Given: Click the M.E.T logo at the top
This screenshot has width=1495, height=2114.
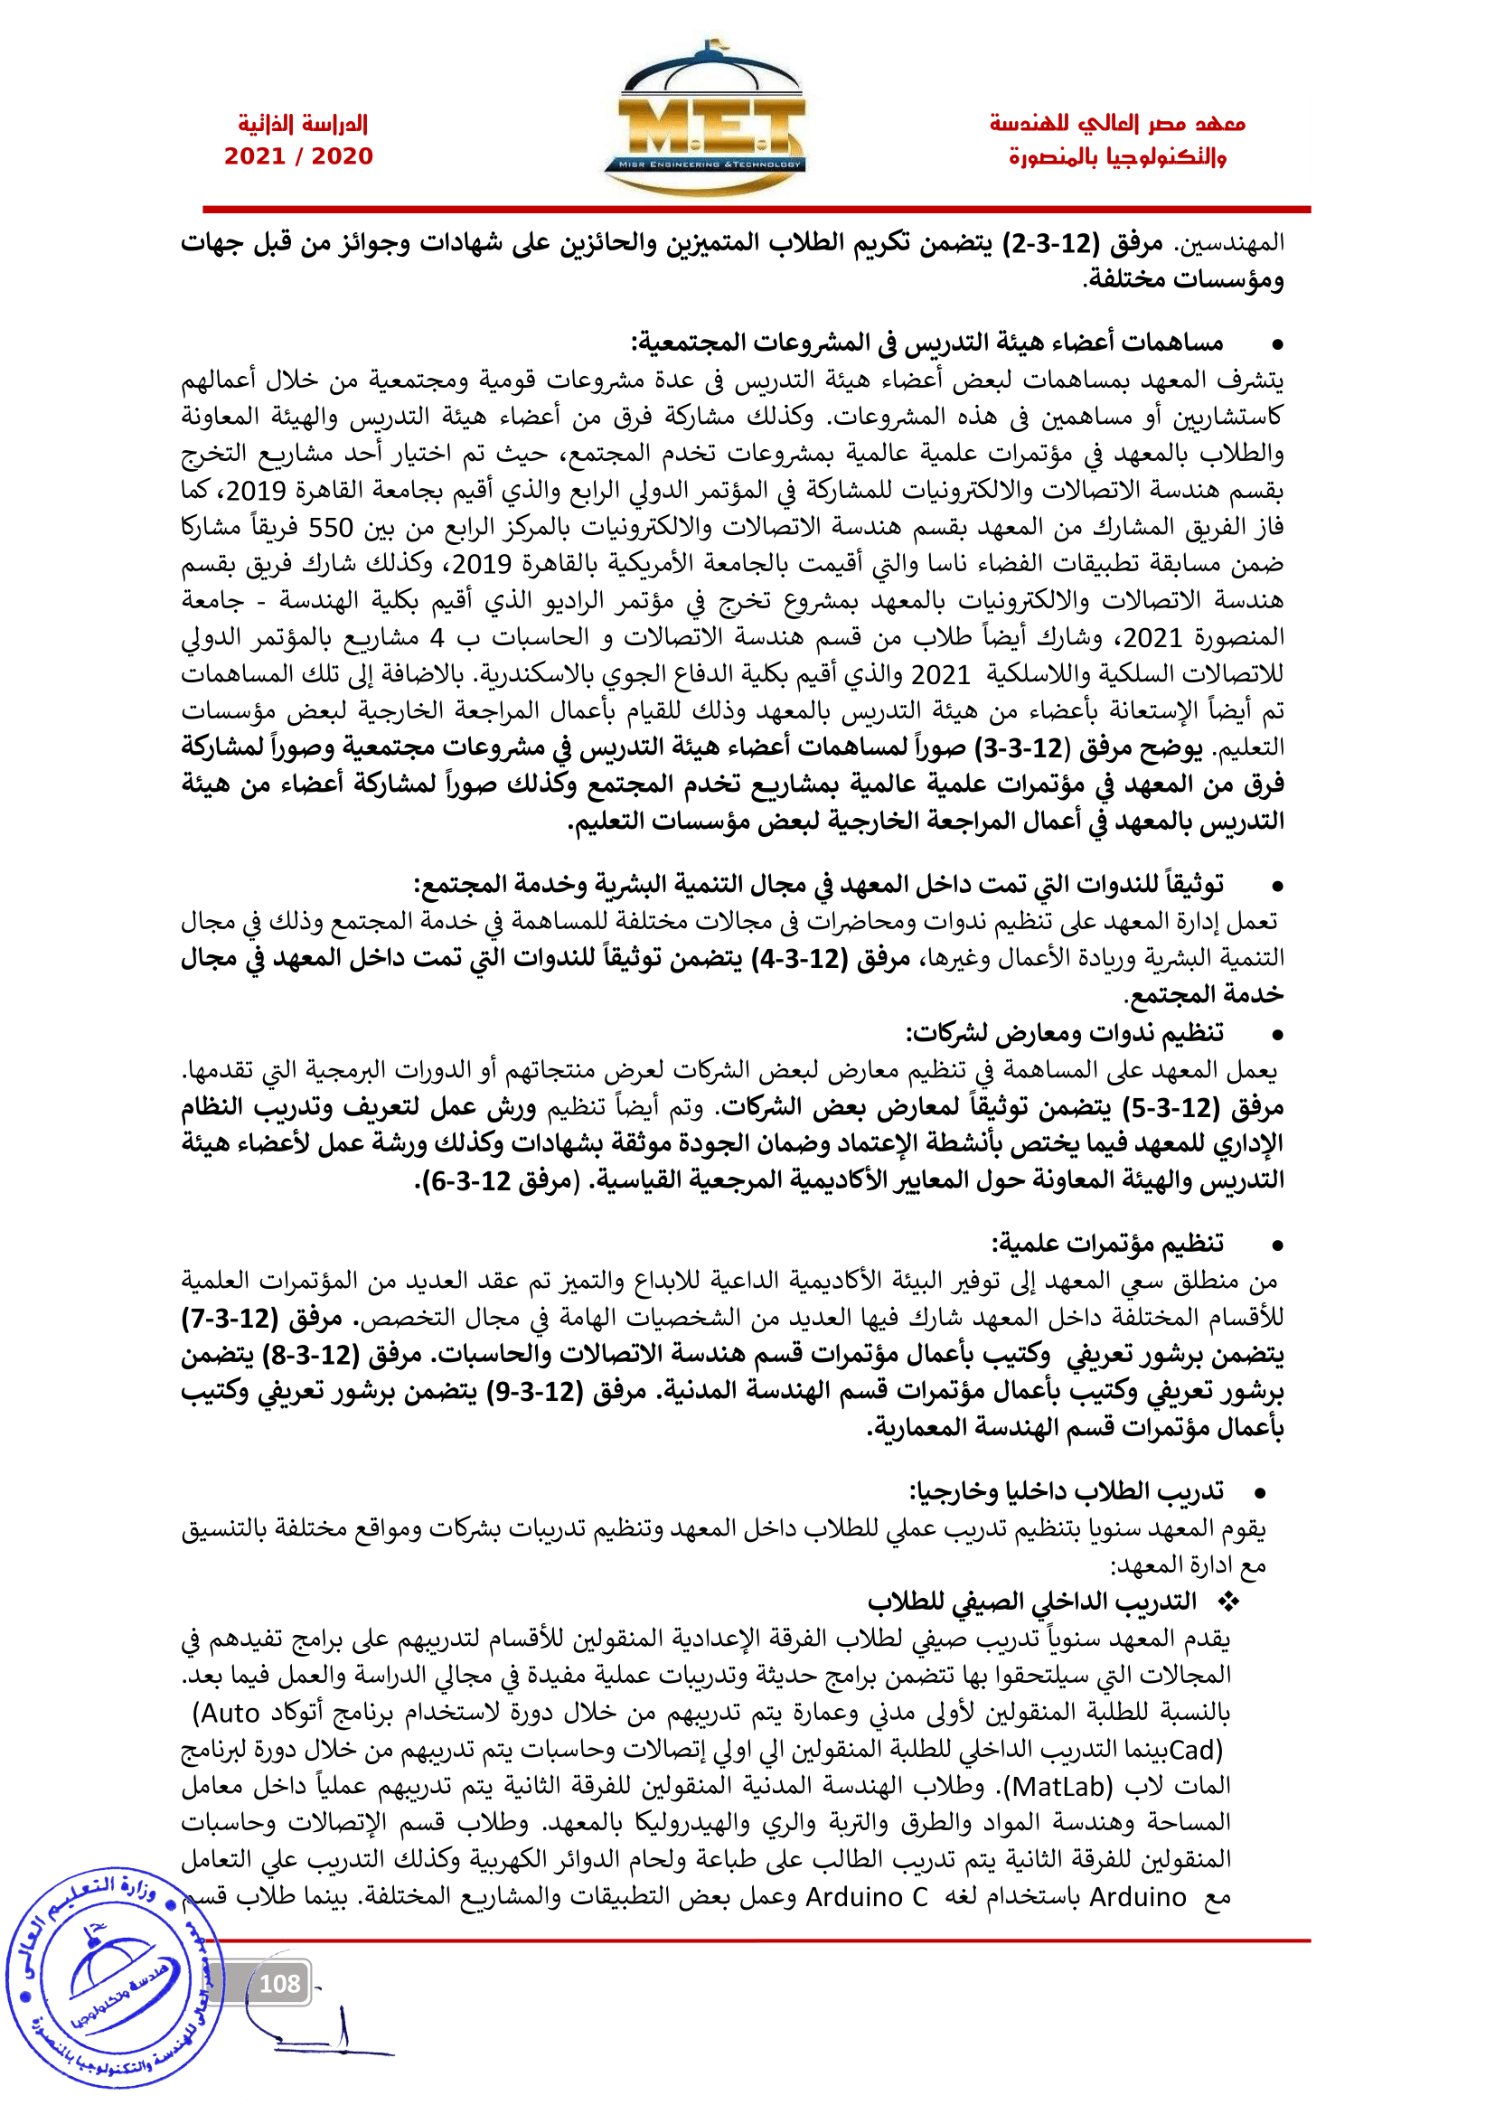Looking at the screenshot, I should (x=704, y=119).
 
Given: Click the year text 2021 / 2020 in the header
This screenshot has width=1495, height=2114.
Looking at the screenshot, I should (x=299, y=156).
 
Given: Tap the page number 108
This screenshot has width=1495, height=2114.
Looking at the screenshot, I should (x=280, y=1983).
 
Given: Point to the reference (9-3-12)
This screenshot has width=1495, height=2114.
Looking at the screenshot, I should (x=536, y=1392).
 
